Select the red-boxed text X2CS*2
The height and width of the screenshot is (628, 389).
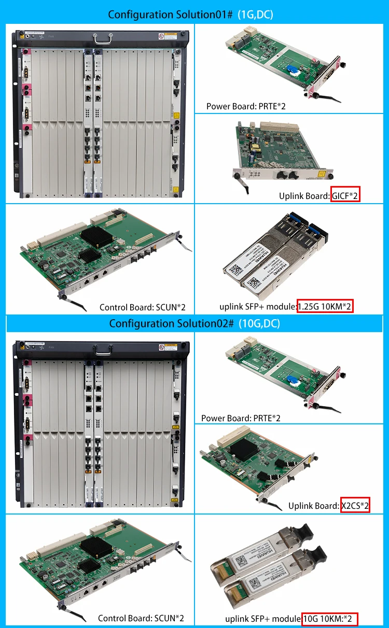point(355,505)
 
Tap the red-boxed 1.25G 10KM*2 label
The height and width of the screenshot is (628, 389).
point(325,307)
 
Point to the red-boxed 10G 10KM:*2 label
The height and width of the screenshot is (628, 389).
point(330,619)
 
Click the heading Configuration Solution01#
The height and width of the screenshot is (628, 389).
point(171,15)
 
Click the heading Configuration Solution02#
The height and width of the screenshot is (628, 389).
point(172,324)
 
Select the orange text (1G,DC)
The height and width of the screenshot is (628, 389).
point(255,15)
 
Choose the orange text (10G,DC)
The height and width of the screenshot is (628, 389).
point(259,324)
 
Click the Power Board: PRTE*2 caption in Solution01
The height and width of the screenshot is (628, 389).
point(246,106)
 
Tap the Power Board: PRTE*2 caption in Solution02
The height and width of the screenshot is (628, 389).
point(241,418)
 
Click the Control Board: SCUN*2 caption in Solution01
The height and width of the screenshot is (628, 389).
point(142,307)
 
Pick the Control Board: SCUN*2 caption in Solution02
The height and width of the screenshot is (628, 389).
point(141,618)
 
